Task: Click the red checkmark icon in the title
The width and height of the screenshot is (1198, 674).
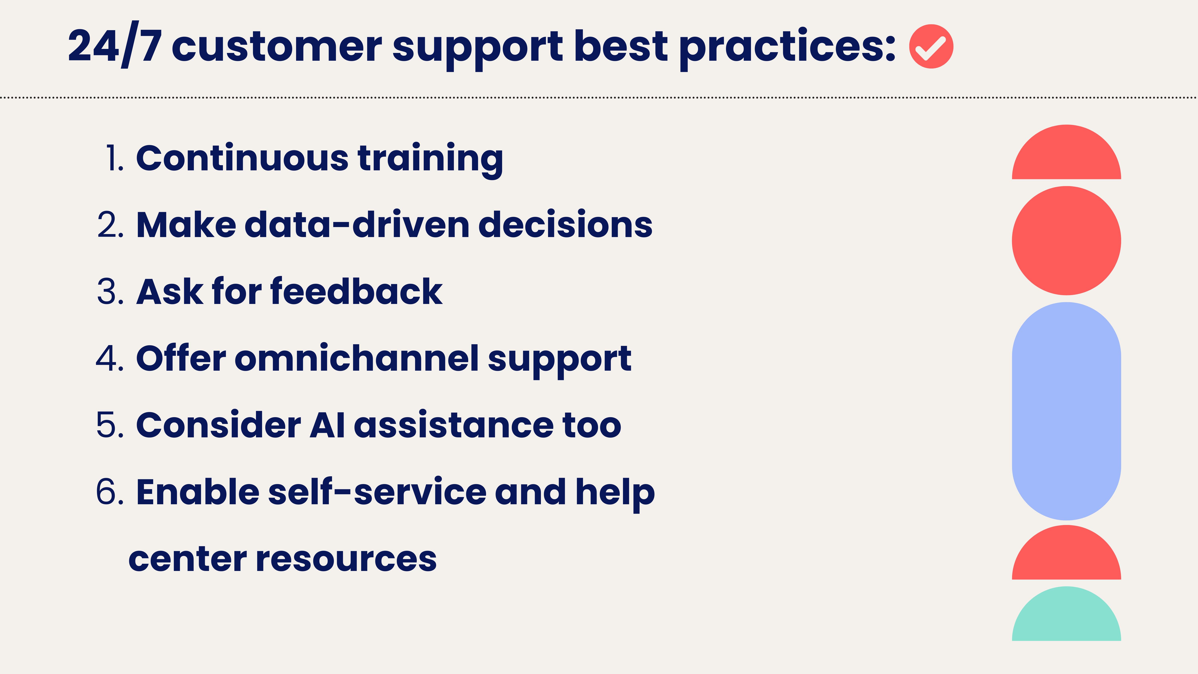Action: [931, 47]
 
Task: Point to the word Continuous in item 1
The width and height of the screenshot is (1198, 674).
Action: [242, 158]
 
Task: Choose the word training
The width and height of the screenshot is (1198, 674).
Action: [430, 161]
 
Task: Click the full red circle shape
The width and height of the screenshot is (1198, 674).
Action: [1066, 240]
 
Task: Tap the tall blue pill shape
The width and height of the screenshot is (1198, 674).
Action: [1066, 411]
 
